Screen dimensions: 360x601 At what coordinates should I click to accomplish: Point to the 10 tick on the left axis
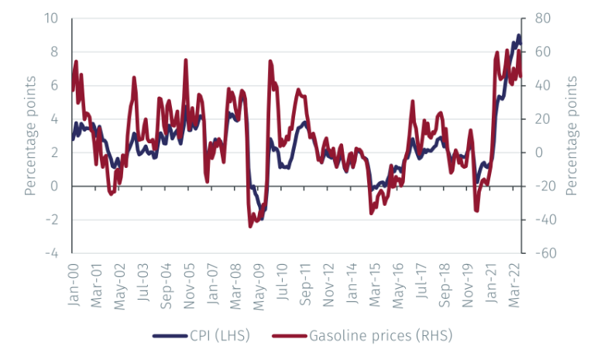54,19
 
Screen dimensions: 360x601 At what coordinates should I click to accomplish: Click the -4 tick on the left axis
54,253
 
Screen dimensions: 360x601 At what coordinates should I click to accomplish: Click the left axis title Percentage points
30,135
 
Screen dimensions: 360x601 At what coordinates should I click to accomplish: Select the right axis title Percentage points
572,135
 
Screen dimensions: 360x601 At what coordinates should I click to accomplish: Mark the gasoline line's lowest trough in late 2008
250,225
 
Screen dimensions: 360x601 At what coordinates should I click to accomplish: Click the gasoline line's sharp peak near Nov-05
186,60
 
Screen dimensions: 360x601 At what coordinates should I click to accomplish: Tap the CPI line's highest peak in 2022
518,36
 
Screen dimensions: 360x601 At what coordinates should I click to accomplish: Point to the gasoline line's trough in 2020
477,211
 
